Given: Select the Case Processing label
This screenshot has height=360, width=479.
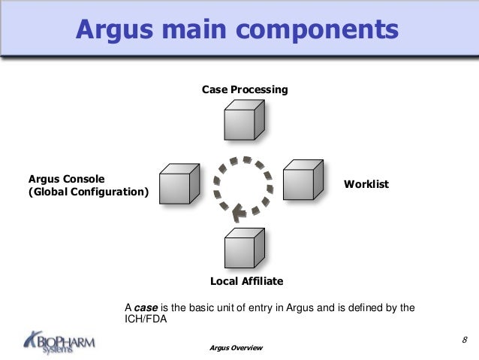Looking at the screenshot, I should [x=245, y=90].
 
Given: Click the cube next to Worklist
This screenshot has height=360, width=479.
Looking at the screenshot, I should [x=303, y=180].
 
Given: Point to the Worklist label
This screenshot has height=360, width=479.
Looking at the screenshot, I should [x=366, y=183].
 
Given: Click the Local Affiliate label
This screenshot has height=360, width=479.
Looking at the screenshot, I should [x=246, y=281].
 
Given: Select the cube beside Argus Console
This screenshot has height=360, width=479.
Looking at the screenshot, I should [x=179, y=185].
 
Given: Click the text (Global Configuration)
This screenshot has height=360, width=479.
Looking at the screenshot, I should [x=89, y=193].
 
